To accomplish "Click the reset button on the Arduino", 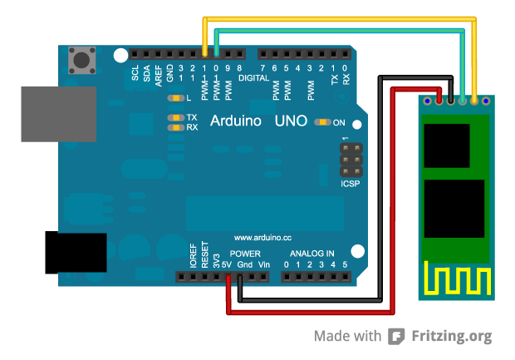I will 81,59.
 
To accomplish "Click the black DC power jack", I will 75,252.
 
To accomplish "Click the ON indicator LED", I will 322,122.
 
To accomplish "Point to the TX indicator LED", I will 175,118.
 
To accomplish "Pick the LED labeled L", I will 174,99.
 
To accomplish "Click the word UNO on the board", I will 291,121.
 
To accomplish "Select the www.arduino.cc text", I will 263,237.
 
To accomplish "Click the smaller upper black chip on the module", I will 447,145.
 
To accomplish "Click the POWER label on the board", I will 246,253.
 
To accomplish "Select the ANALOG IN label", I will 311,253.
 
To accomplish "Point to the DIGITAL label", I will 255,78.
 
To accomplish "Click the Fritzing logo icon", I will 397,336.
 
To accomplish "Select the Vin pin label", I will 264,264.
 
